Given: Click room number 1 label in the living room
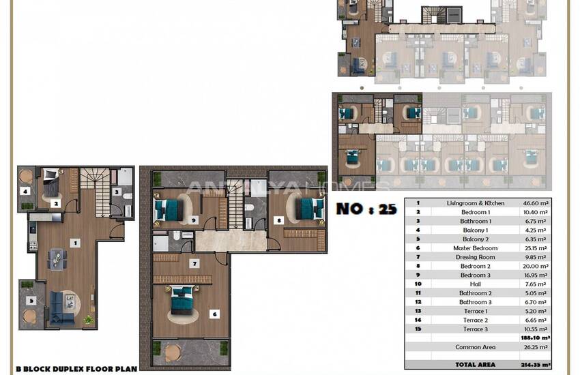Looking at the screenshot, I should click(x=76, y=242).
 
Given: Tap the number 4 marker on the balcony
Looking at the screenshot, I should click(x=25, y=192).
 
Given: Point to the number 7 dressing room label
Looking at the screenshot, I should click(x=194, y=263).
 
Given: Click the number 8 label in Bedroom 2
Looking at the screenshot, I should click(x=278, y=220).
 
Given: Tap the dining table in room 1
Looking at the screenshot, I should click(x=57, y=259).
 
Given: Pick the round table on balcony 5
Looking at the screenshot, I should click(x=31, y=316).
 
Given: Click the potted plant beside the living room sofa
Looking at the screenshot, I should click(x=88, y=319).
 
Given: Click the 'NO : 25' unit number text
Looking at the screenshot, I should click(x=366, y=209).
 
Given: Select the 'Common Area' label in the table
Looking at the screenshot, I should click(x=475, y=347).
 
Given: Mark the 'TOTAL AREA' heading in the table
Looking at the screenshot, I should click(x=475, y=365).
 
